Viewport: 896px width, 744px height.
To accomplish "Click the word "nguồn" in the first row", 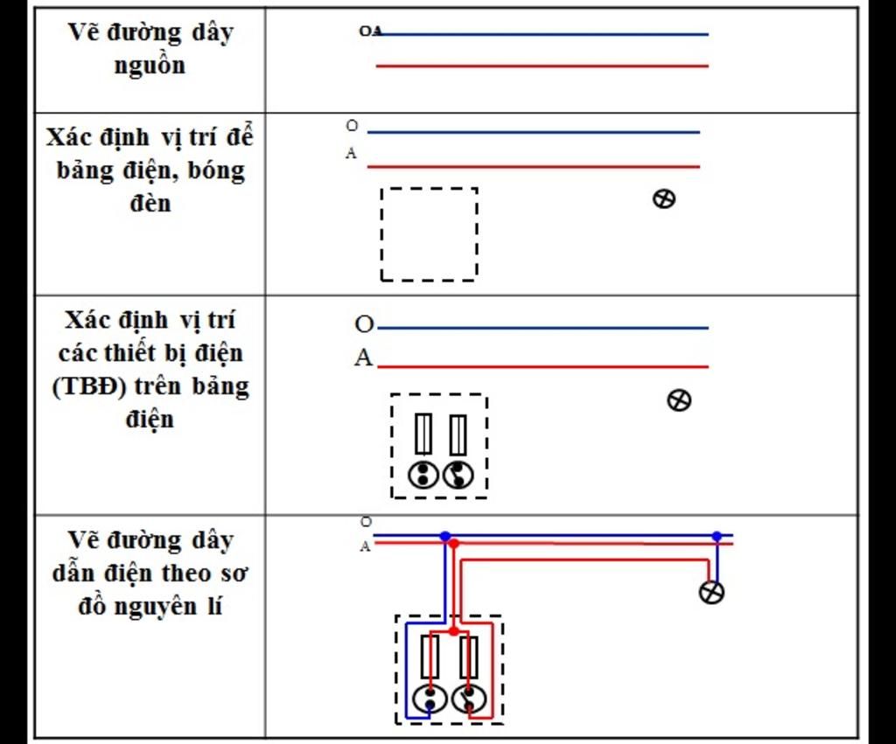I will coord(150,66).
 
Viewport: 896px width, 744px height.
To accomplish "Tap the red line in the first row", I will coord(542,66).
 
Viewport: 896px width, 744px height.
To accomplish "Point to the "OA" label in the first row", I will coord(370,31).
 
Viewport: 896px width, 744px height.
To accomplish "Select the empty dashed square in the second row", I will coord(429,234).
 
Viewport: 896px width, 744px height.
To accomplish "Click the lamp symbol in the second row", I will coord(664,198).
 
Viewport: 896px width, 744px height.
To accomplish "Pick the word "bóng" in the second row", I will coord(214,170).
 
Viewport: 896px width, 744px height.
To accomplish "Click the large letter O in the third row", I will coord(364,325).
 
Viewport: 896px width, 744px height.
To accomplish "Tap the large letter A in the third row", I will coord(363,358).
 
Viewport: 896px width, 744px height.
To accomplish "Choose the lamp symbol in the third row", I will coord(679,400).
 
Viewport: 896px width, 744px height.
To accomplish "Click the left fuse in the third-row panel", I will coord(423,435).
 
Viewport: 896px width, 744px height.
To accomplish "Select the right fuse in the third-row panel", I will coord(458,435).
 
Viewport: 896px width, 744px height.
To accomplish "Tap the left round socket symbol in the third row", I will coord(423,475).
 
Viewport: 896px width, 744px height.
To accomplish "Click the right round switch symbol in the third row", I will coord(458,475).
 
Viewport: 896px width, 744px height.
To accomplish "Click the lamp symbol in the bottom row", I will coord(712,592).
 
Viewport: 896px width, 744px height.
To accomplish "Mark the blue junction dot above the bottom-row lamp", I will coord(717,536).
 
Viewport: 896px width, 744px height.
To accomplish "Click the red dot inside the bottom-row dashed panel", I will coord(453,630).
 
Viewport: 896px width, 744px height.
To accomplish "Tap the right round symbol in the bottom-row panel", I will coord(468,699).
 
